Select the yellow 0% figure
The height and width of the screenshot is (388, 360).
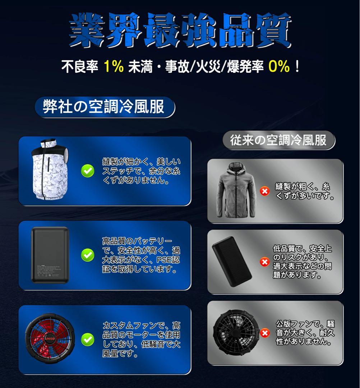[278, 66]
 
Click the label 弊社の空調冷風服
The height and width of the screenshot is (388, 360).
[104, 107]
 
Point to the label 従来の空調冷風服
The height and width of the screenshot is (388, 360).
[278, 140]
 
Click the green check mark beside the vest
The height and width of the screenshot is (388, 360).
[87, 171]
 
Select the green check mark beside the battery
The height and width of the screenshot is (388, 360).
[87, 255]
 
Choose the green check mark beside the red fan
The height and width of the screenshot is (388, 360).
[87, 339]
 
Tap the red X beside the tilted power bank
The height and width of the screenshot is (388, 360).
[265, 262]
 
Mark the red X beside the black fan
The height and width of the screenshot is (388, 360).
[265, 333]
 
